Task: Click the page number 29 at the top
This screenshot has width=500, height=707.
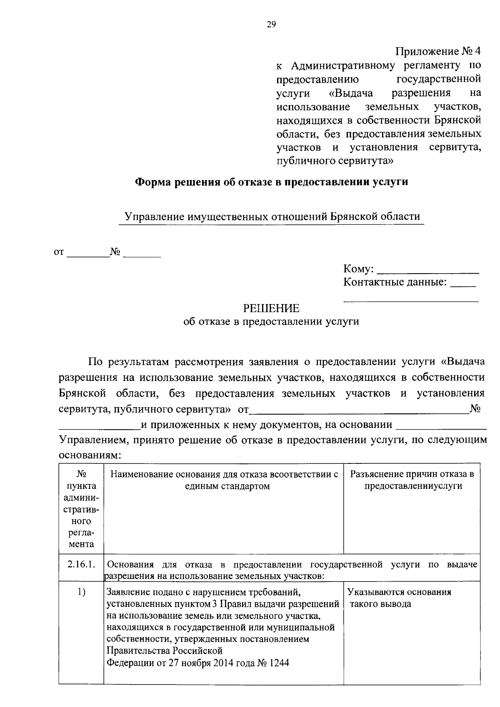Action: [x=271, y=25]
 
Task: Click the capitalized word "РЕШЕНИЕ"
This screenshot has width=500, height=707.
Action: [x=271, y=308]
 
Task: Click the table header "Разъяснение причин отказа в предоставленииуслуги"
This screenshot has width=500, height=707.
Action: [x=412, y=480]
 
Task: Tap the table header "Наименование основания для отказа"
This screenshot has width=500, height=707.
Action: [x=224, y=474]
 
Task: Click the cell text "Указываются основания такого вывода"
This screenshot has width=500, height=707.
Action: [x=400, y=598]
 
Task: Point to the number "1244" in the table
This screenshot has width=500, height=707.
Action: [x=279, y=663]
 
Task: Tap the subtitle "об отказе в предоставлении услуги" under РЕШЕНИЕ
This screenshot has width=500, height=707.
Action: [x=271, y=322]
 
